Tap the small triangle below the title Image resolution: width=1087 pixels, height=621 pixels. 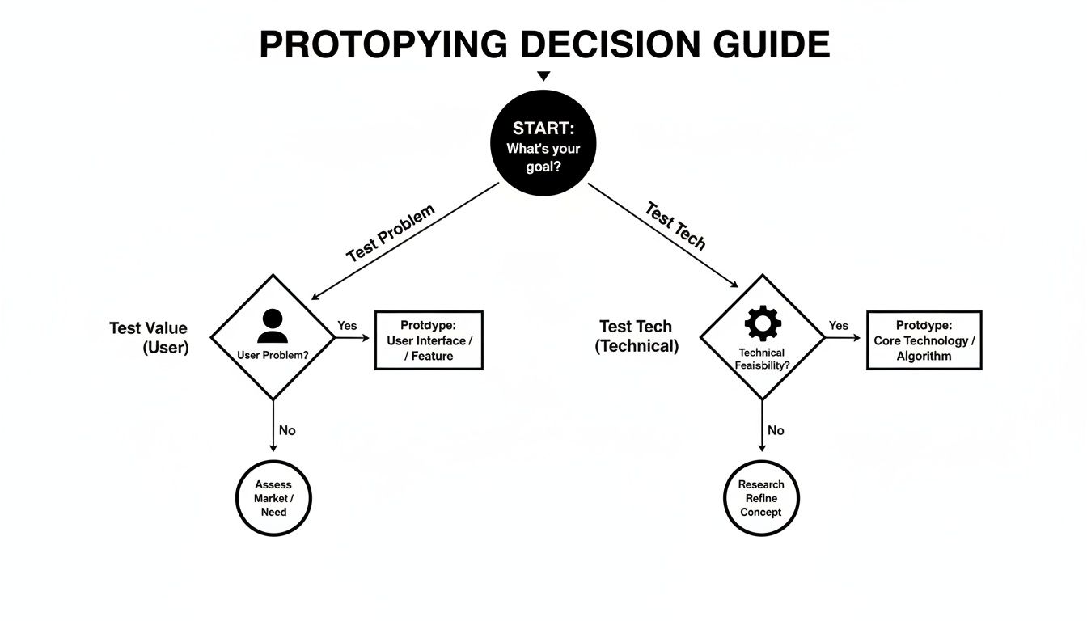(543, 76)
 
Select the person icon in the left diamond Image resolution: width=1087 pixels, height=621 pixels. (272, 326)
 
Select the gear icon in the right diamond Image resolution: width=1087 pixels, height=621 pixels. (762, 323)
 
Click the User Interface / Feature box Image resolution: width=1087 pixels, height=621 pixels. (429, 340)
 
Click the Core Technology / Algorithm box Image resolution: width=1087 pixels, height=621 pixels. (924, 340)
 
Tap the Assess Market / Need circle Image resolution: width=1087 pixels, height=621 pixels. (273, 498)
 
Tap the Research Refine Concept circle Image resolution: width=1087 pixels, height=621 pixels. (761, 498)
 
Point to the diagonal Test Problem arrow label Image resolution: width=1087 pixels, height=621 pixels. (390, 233)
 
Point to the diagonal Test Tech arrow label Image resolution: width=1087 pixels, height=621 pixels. (675, 226)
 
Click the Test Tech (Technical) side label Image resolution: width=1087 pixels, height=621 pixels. (636, 336)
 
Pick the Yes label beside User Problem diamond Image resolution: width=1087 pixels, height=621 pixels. (347, 326)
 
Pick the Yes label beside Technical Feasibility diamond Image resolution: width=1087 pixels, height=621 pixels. (839, 326)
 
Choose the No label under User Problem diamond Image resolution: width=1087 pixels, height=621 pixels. (287, 430)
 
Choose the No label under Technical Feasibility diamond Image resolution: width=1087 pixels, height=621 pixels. (776, 430)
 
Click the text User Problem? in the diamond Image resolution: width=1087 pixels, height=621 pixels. (273, 355)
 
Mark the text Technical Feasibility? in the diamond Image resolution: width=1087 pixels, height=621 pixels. (762, 359)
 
